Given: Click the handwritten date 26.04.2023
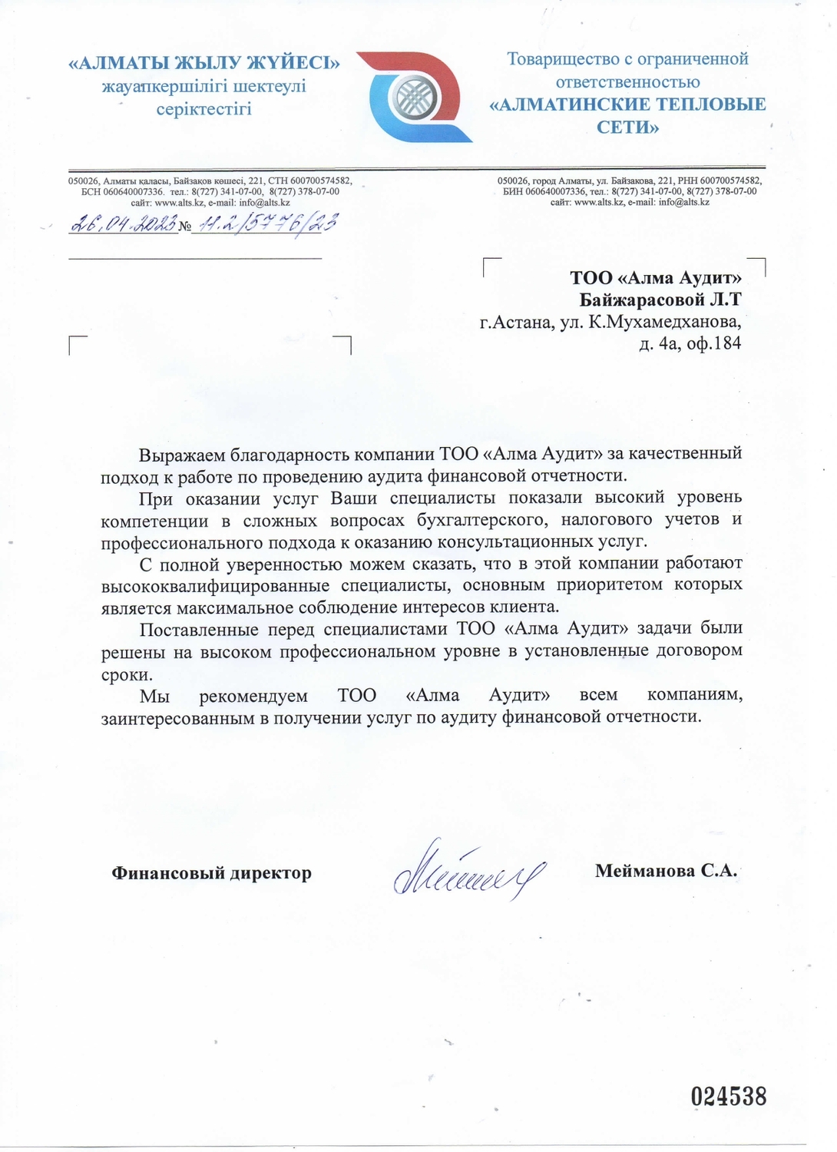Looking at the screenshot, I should (x=123, y=224).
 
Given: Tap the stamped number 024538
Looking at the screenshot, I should (x=728, y=1096).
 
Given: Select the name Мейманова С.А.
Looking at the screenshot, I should (x=666, y=870).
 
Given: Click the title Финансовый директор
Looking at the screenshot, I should (x=212, y=872).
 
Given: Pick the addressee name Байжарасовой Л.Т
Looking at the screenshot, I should (x=660, y=299).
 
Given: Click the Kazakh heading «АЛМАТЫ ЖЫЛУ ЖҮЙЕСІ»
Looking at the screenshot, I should (x=204, y=63).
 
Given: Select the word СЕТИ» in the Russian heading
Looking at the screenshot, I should (x=627, y=127).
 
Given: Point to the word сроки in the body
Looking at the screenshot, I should (x=127, y=674).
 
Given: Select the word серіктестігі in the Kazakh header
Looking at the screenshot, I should (x=204, y=108).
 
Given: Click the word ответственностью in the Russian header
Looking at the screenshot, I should (x=627, y=81).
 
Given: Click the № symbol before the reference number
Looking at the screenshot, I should (x=184, y=226).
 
